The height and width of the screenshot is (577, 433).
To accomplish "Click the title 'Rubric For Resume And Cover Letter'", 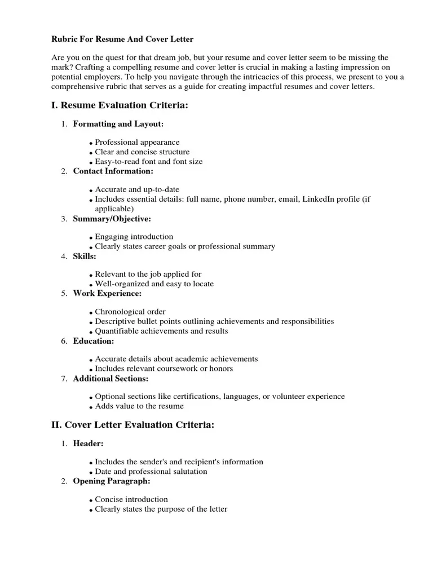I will click(122, 39).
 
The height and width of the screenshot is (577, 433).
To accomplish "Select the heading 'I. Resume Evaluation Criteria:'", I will click(120, 105).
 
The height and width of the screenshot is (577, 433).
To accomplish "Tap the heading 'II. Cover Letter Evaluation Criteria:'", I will click(132, 425).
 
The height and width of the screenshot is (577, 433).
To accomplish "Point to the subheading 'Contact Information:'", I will click(113, 171).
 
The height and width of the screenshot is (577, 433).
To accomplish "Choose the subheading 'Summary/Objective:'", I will click(112, 219).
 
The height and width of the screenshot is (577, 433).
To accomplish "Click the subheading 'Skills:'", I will click(85, 256).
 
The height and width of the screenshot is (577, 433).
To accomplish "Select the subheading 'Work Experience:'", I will click(107, 294).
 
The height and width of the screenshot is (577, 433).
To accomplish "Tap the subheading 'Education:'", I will click(94, 341).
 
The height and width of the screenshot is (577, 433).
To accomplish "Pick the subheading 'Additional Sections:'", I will click(111, 379).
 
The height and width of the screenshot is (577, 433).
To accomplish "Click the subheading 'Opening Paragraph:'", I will click(112, 481).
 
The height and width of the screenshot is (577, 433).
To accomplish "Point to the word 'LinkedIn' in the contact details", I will click(319, 199).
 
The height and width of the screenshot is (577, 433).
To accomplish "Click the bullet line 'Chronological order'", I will click(130, 312).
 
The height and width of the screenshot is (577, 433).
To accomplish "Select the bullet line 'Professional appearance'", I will click(137, 143).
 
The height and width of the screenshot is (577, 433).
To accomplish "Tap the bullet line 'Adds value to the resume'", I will click(139, 406).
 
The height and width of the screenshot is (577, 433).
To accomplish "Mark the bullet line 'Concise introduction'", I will click(131, 499).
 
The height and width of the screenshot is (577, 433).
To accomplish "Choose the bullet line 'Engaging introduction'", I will click(134, 237).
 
